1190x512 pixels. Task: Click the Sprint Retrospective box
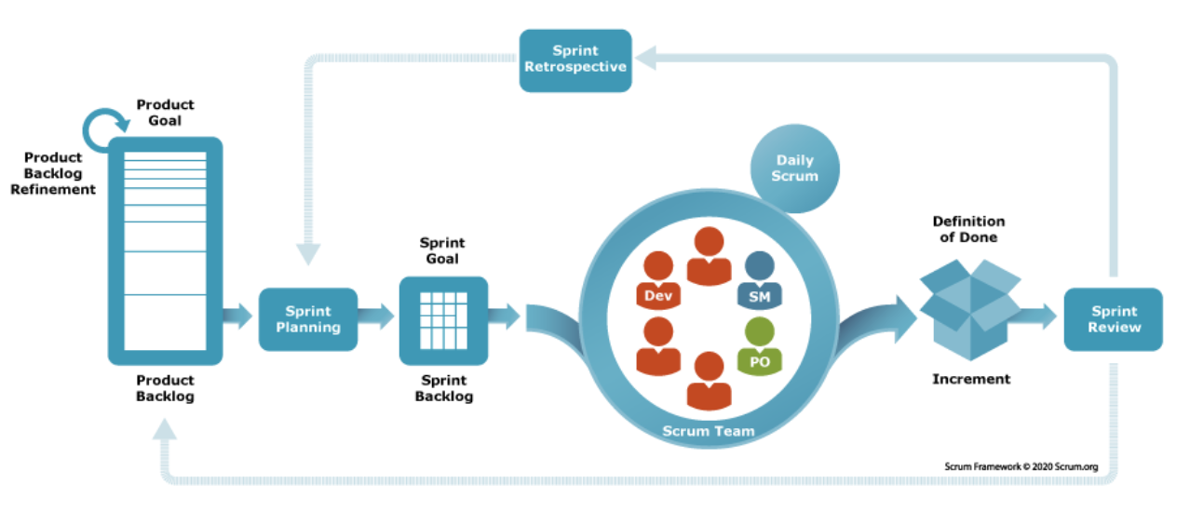pos(575,61)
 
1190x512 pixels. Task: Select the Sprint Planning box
pos(308,319)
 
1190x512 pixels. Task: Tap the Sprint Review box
pos(1114,319)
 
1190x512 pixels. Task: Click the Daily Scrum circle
pos(795,168)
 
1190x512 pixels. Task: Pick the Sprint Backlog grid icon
pos(443,320)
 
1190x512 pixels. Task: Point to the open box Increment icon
pos(970,310)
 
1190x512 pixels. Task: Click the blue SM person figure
pos(759,280)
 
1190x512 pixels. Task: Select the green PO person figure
pos(759,346)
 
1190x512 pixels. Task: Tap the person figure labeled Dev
pos(658,280)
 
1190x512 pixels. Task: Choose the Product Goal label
pos(165,113)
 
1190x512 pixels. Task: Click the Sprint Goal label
pos(442,250)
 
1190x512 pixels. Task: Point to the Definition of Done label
pos(968,229)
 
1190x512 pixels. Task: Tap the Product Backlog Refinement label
pos(53,173)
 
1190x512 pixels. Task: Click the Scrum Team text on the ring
pos(709,431)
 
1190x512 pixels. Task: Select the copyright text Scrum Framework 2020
pos(1021,466)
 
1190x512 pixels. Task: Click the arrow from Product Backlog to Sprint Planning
pos(237,316)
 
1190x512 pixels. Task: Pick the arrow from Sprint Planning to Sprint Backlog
pos(376,316)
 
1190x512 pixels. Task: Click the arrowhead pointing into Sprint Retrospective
pos(646,58)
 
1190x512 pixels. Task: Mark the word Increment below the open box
pos(971,379)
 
